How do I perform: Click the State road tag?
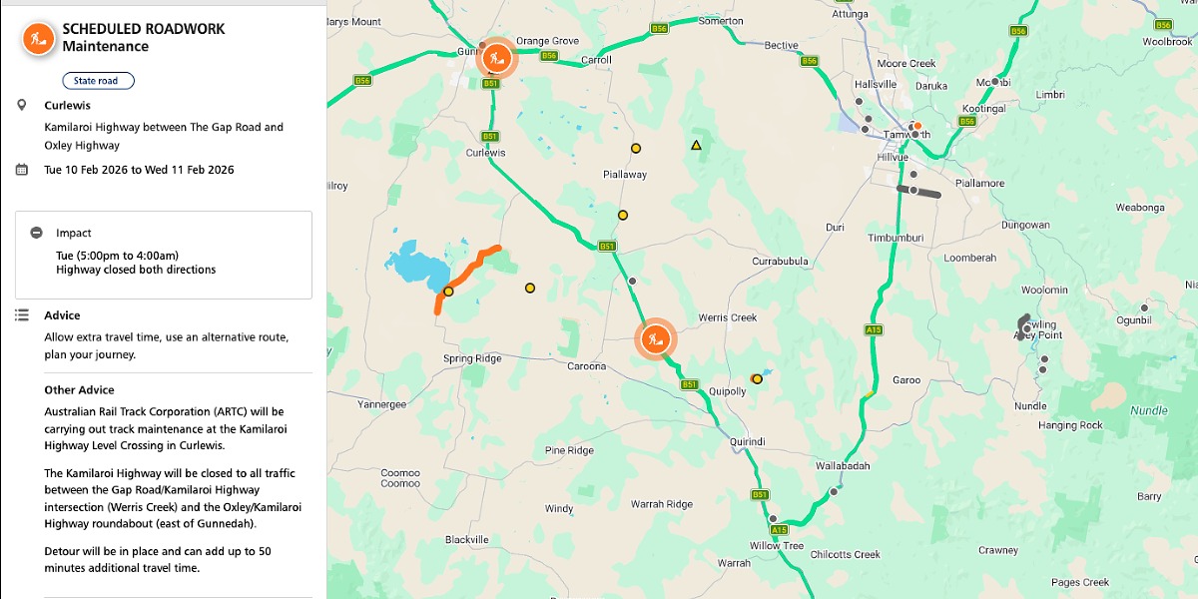coord(98,81)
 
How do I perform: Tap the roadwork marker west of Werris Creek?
coord(656,339)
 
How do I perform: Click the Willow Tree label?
coord(777,546)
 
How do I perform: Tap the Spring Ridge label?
coord(472,359)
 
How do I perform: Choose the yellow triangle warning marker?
coord(697,145)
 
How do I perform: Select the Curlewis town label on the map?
coord(486,153)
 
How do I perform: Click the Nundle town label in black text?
coord(1030,406)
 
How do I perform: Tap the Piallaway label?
coord(625,175)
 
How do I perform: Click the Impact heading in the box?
coord(74,233)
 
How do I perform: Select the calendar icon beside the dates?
coord(22,170)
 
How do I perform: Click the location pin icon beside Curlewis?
coord(22,105)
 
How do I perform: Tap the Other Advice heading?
coord(79,390)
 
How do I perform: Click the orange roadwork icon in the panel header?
coord(39,38)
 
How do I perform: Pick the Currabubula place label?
coord(780,262)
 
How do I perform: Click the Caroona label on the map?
coord(587,366)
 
